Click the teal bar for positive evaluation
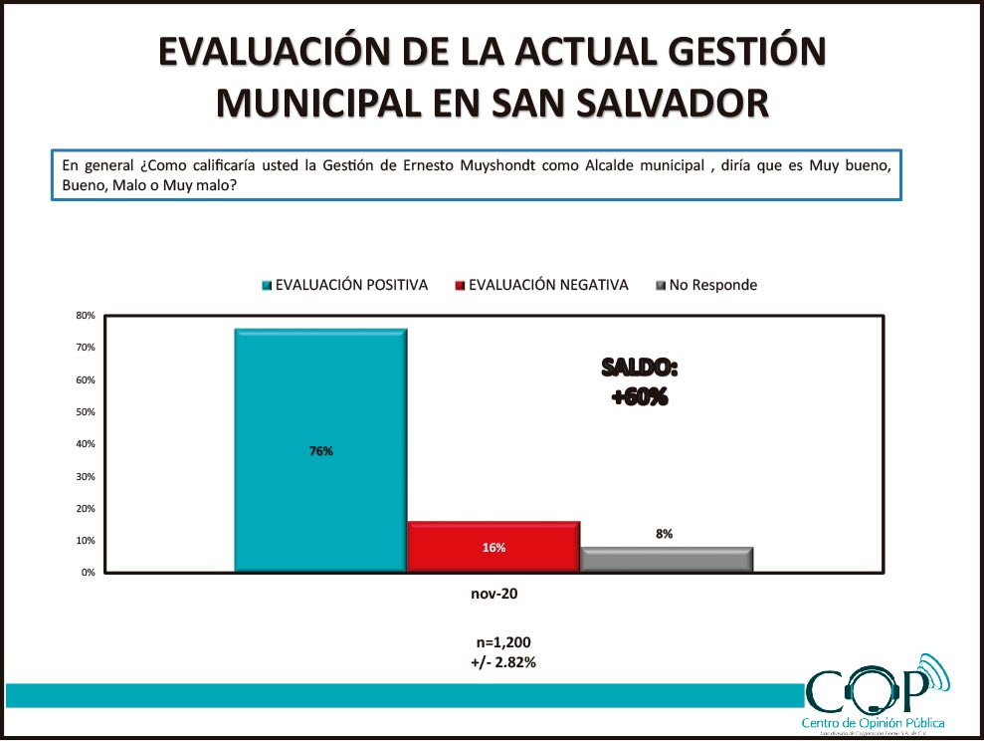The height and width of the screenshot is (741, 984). [320, 398]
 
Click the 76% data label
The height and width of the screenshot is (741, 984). [320, 451]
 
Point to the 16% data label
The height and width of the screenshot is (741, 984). [493, 548]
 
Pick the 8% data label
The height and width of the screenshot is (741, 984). [664, 534]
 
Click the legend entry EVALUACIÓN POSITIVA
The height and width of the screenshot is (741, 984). [351, 285]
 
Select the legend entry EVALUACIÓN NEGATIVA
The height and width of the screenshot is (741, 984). [548, 285]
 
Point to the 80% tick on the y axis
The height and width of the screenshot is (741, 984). [86, 316]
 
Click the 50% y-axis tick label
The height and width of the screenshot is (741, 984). [86, 412]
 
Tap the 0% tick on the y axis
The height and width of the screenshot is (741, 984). [89, 573]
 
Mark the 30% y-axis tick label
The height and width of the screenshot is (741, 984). [86, 477]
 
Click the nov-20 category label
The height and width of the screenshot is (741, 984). [494, 594]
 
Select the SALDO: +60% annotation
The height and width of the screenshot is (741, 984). [639, 382]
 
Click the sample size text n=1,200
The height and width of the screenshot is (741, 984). [494, 642]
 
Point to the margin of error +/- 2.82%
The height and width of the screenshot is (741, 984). [494, 661]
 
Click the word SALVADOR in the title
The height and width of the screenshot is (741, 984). [670, 103]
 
